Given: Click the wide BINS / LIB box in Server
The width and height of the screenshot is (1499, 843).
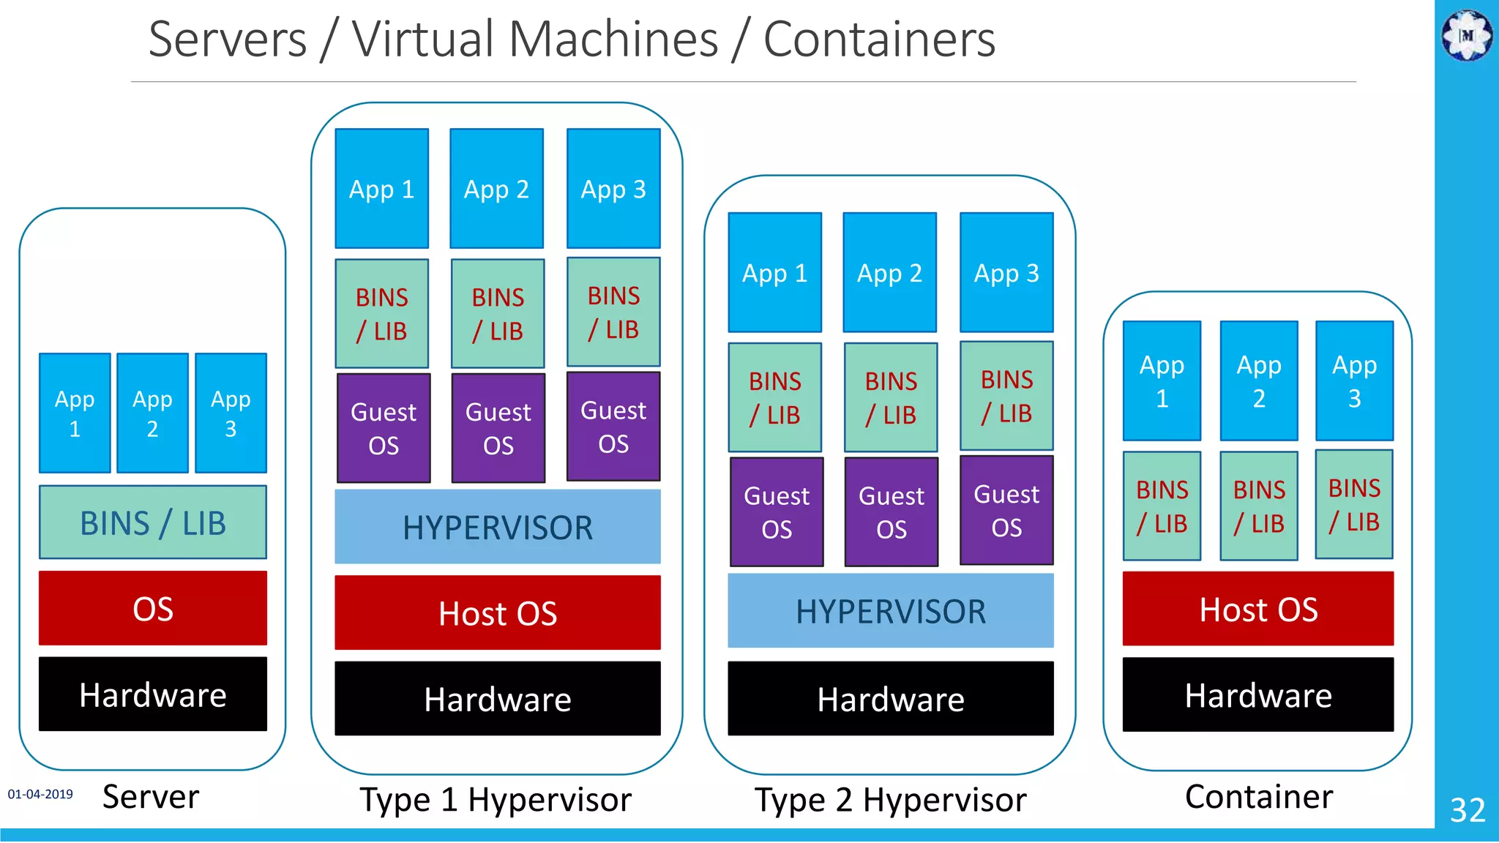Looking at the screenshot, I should [152, 522].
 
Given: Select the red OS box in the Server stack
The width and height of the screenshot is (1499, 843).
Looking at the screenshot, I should [152, 608].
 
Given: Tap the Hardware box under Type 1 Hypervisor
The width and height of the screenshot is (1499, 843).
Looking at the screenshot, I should [497, 698].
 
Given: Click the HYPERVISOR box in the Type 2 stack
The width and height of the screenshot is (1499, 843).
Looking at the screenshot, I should [890, 610].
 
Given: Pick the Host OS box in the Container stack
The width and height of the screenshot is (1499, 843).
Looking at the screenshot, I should [1257, 609].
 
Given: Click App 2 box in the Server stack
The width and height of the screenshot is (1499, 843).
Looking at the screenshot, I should [152, 413].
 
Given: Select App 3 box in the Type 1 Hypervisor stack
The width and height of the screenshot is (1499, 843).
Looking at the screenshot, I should [613, 189].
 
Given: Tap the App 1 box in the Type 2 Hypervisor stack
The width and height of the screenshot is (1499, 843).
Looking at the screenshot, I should [774, 272].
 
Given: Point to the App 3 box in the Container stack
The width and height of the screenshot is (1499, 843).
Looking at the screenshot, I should [1354, 381].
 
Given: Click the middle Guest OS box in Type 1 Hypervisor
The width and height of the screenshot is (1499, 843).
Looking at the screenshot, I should [498, 428].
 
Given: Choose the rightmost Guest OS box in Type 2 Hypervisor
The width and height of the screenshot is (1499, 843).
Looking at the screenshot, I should [1006, 510].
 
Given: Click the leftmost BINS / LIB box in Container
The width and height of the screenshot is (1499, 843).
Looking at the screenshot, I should [1162, 506].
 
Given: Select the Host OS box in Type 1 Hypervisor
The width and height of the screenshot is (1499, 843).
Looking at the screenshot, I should [497, 612].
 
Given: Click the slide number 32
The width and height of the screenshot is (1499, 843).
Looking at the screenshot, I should [1467, 809].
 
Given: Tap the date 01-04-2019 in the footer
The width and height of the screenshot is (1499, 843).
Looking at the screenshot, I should [40, 794].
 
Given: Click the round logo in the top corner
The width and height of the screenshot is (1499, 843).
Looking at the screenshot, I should [1467, 34].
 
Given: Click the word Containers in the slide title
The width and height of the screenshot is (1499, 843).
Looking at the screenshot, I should [879, 40].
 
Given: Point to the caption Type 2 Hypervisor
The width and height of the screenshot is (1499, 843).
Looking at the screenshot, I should [890, 800].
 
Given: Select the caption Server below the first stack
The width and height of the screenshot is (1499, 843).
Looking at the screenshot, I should [151, 796].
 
